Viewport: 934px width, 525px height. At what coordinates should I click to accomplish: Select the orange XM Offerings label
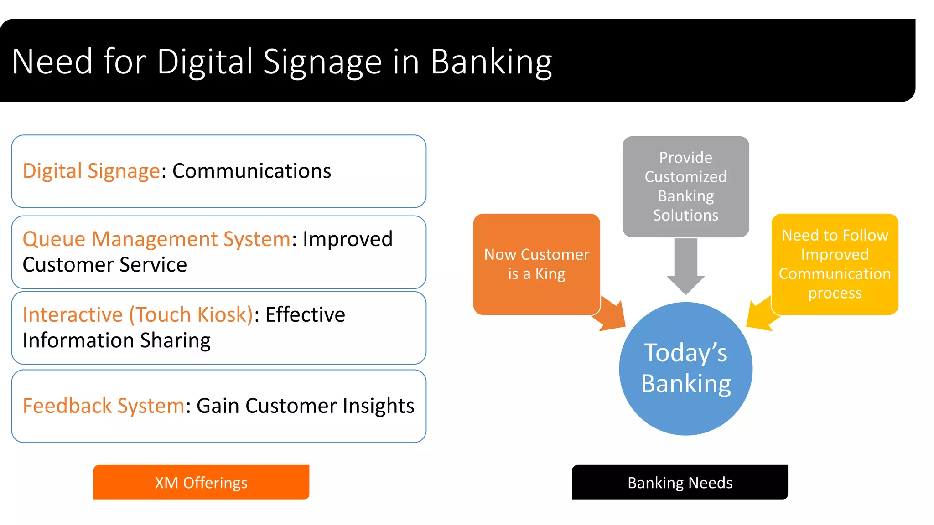[x=201, y=482]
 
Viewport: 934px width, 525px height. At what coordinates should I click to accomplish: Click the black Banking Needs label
[x=680, y=482]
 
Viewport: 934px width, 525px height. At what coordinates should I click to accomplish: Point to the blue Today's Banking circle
[x=685, y=368]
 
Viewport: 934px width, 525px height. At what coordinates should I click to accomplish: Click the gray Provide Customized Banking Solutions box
[x=685, y=186]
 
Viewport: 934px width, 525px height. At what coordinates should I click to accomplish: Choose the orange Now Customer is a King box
[x=536, y=263]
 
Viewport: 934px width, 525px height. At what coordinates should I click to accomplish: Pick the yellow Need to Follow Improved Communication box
[x=835, y=263]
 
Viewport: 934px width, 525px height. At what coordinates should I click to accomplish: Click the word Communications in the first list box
[x=252, y=171]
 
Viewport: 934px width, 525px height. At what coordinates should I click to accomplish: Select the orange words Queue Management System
[x=156, y=239]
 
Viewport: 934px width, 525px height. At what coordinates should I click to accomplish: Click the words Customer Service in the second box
[x=105, y=265]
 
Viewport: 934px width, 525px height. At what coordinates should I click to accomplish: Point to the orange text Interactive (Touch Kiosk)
[x=138, y=314]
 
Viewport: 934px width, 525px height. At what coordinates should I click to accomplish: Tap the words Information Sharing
[x=117, y=340]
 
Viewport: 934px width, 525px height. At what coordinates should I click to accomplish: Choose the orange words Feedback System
[x=104, y=406]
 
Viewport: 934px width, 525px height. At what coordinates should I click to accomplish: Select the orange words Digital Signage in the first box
[x=91, y=171]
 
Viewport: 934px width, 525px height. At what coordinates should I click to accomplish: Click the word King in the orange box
[x=550, y=274]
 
